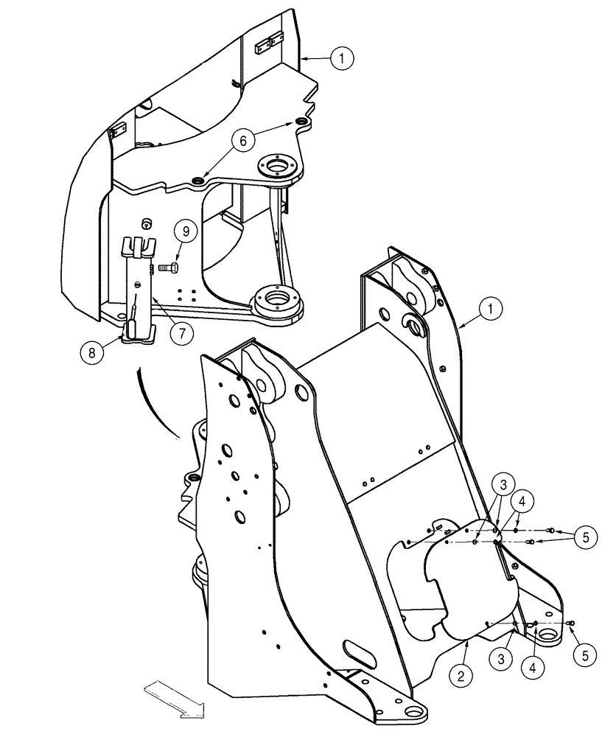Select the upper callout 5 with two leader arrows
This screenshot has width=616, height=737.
coord(585,537)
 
